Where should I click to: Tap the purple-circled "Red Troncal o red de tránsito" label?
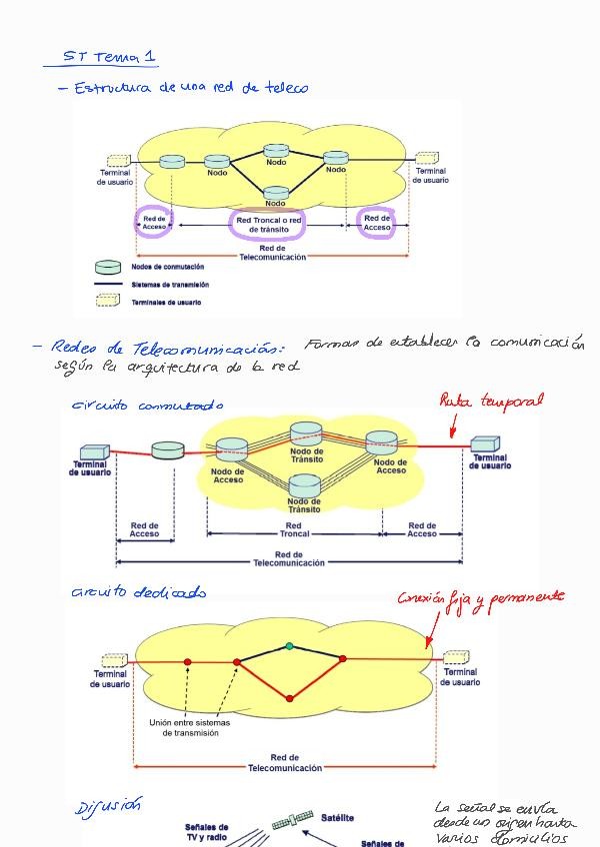(x=267, y=225)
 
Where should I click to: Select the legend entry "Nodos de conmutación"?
(x=166, y=267)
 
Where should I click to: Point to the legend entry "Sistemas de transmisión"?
(x=171, y=285)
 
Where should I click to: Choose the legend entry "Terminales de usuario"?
(x=166, y=302)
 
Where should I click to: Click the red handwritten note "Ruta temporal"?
(x=491, y=401)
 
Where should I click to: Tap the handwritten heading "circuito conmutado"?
(x=147, y=406)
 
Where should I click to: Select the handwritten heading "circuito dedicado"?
(x=138, y=592)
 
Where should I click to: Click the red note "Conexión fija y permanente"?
(x=480, y=598)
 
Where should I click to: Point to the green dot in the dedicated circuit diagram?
(x=289, y=646)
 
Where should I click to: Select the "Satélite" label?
(x=337, y=817)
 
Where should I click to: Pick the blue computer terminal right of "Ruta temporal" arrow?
(x=485, y=444)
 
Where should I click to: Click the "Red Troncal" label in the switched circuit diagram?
(x=293, y=529)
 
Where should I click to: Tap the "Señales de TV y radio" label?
(x=207, y=832)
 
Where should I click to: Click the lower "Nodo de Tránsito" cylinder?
(x=305, y=485)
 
